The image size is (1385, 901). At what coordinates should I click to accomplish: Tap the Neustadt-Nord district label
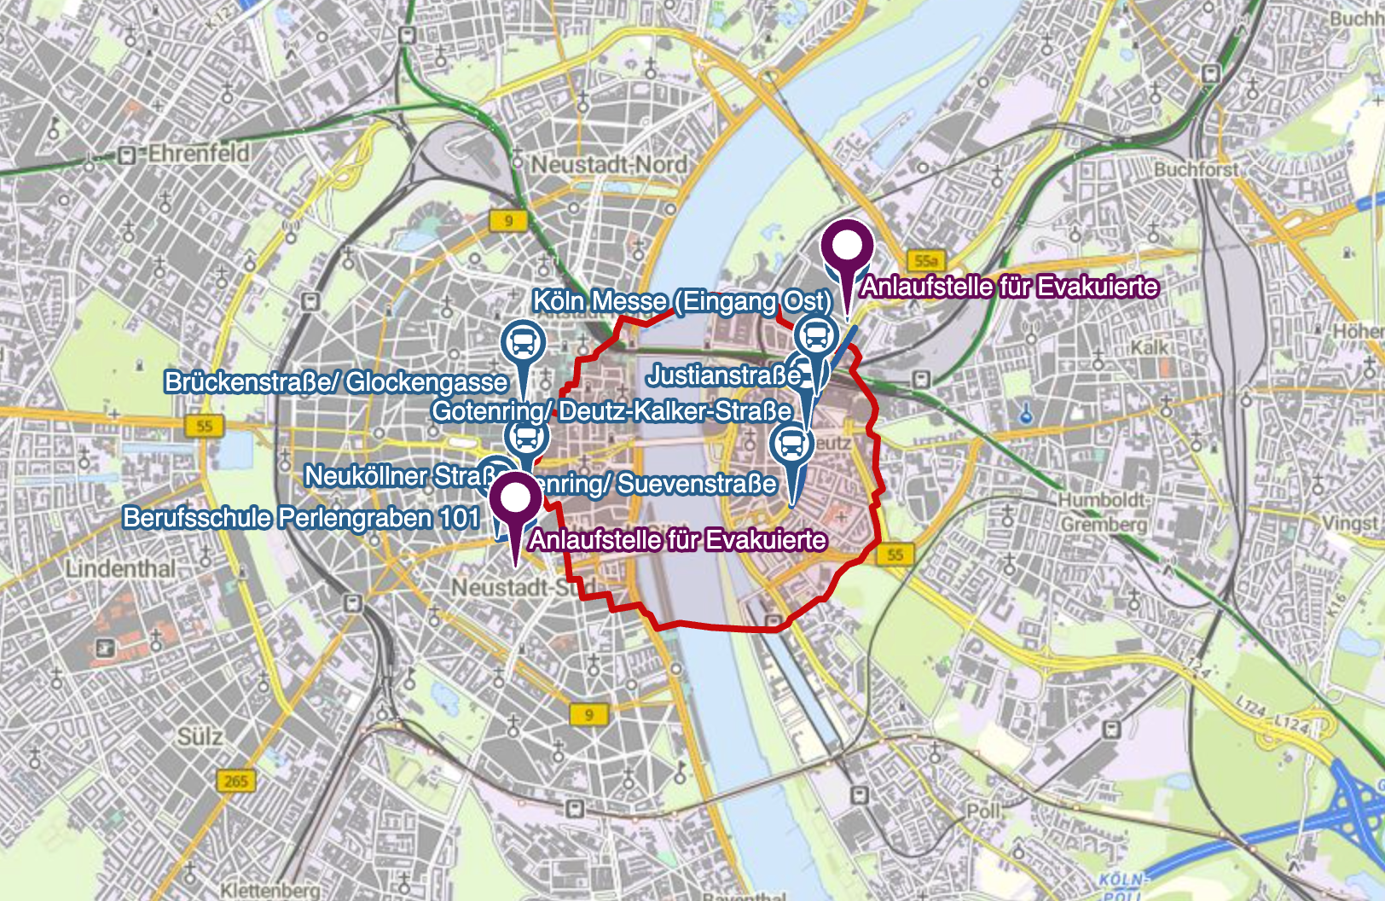[x=609, y=164]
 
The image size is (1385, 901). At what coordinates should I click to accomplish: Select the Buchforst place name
[x=1196, y=170]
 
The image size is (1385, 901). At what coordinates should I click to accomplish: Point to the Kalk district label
[x=1150, y=347]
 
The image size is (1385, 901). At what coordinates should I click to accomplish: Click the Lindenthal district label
[x=121, y=568]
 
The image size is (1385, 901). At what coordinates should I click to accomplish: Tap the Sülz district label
[x=200, y=736]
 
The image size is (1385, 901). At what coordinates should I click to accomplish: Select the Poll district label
[x=983, y=810]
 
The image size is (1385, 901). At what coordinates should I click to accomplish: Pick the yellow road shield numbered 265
[x=235, y=781]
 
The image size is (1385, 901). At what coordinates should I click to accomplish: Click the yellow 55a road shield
[x=925, y=260]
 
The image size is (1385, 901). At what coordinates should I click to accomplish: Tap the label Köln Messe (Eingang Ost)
[x=681, y=301]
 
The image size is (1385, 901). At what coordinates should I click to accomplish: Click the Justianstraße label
[x=723, y=375]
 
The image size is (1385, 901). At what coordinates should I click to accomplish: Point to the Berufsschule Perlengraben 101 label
[x=301, y=518]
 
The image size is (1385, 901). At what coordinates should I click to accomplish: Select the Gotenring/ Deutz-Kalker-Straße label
[x=611, y=411]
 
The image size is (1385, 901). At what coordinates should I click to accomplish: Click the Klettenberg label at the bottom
[x=270, y=890]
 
